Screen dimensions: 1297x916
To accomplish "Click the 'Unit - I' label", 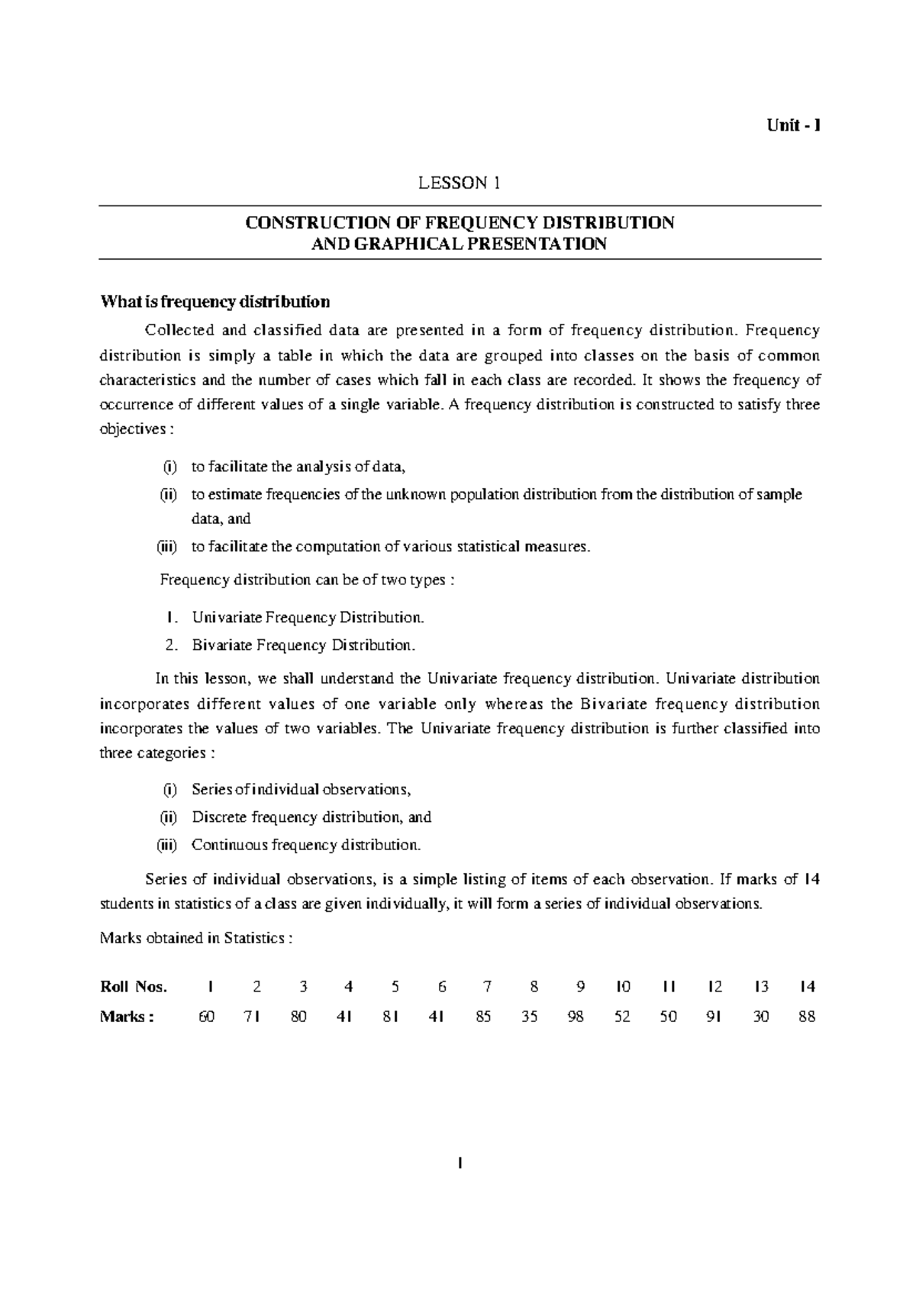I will [x=793, y=127].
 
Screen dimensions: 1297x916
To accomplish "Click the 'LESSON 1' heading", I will [x=457, y=183].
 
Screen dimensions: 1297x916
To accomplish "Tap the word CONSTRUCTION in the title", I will [x=302, y=223].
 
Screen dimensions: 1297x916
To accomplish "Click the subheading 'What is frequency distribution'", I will [x=215, y=302].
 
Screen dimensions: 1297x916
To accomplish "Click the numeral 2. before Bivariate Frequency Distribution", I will [x=172, y=645].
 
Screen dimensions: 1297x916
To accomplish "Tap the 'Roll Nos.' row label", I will [x=134, y=986].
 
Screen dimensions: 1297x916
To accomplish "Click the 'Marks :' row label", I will [x=127, y=1017].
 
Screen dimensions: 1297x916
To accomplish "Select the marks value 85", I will [x=483, y=1017].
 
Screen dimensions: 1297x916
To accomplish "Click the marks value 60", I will [x=207, y=1017].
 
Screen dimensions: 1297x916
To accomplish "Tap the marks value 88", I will [x=807, y=1017].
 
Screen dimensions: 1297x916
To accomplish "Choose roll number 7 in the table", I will [x=488, y=986].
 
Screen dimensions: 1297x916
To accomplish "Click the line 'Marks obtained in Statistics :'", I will [x=196, y=938].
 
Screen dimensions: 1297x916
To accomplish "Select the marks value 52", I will [x=622, y=1017].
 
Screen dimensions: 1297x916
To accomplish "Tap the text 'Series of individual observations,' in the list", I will [x=302, y=789].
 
